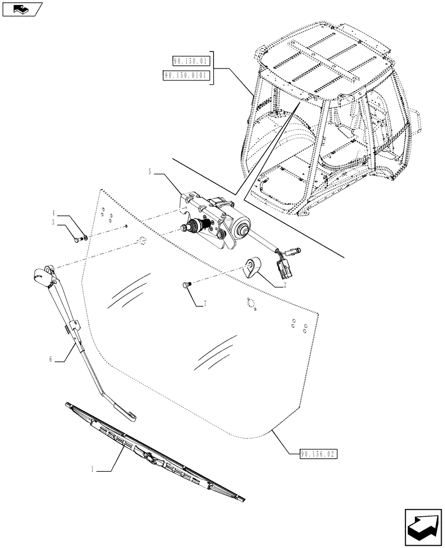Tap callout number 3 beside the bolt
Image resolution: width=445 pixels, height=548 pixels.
[x=54, y=222]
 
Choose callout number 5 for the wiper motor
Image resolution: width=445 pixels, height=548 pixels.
[x=150, y=172]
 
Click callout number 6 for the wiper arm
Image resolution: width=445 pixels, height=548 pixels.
[x=51, y=359]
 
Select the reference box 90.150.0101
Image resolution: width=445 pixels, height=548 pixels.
[x=186, y=76]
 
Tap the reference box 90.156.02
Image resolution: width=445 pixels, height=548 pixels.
[x=319, y=454]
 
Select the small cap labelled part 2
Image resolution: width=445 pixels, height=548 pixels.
[x=253, y=266]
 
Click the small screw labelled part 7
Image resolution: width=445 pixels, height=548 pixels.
[x=186, y=284]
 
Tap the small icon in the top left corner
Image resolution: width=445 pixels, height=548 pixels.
[x=22, y=9]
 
